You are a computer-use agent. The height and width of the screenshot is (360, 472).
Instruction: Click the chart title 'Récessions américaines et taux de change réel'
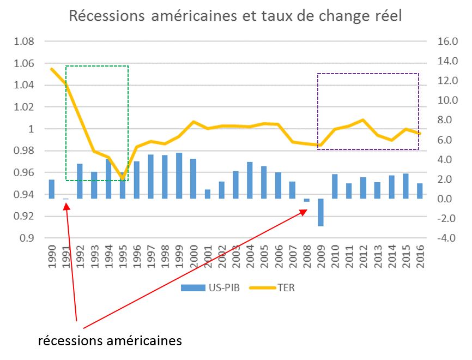point(235,16)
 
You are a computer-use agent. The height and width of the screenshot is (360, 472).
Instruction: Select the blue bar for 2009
point(321,212)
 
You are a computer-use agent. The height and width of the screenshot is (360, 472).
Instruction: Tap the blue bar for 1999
point(179,176)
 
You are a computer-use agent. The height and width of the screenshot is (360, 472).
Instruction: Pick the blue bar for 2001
point(208,194)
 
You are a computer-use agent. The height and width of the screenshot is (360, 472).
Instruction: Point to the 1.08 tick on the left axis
point(23,42)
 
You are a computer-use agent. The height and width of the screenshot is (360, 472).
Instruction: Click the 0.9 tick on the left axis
point(27,238)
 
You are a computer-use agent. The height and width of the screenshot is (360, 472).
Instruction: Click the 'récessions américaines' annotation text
point(110,341)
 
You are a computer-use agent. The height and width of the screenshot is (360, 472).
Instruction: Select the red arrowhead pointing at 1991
point(66,206)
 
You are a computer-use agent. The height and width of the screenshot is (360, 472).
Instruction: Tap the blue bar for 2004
point(250,180)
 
